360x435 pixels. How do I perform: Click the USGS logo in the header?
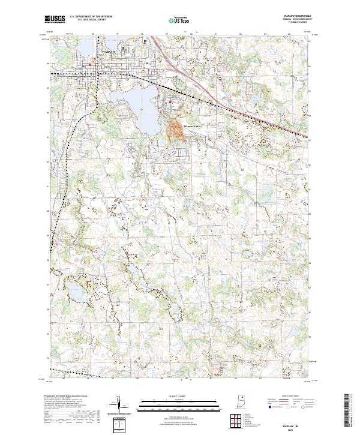tap(54, 20)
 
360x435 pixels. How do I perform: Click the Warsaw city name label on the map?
tap(107, 52)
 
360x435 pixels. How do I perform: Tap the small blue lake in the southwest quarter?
tap(74, 292)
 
